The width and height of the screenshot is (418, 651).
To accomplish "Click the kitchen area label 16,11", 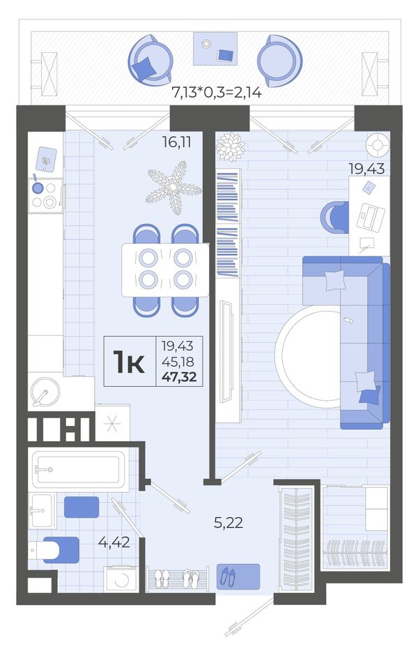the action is (176, 142).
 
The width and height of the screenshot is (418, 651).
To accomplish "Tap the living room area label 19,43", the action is (366, 169).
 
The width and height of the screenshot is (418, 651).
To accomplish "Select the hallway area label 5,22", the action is (229, 523).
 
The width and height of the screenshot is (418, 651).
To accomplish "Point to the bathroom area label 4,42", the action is (114, 542).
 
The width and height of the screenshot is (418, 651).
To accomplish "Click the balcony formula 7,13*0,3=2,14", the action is (217, 92).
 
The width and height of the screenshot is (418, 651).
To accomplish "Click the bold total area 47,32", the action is (179, 377).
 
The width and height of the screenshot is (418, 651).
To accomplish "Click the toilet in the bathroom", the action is (54, 550).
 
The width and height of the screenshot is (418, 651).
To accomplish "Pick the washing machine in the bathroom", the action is (121, 578).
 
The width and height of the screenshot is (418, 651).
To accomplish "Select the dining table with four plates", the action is (165, 270).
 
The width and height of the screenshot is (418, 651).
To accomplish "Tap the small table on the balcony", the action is (215, 49).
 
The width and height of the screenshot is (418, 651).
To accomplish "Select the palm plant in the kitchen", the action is (173, 187).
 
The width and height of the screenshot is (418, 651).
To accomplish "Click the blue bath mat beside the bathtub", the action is (82, 507).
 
